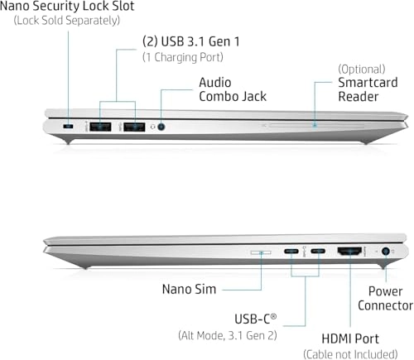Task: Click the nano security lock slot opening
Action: pos(68,127)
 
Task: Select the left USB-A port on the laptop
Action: pos(100,127)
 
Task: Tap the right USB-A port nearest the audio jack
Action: pos(134,127)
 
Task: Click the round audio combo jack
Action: pos(161,127)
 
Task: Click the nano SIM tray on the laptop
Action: pos(261,252)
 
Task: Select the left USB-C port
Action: pos(291,252)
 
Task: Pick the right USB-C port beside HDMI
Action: pos(318,252)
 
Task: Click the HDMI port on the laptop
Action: pos(349,251)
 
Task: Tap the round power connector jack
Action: pos(386,252)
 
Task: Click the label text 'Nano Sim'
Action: pos(189,290)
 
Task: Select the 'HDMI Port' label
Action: pos(350,338)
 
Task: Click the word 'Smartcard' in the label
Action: pos(368,83)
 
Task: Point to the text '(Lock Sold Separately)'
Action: pos(67,21)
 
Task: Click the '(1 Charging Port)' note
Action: pos(183,57)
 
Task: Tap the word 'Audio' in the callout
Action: pos(215,83)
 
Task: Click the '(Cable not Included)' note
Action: pos(350,354)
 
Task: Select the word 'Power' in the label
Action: pos(385,291)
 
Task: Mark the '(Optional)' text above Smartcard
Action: pos(362,70)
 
